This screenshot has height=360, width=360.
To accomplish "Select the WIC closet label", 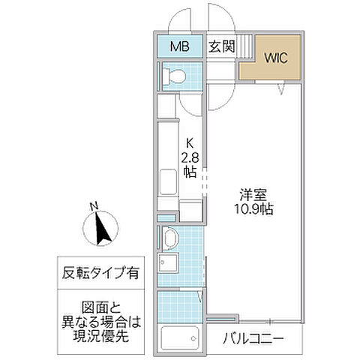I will coord(271,57).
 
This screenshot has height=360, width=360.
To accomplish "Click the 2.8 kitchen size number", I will coord(189,157).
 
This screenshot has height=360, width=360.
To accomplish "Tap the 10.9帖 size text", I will coord(252,209).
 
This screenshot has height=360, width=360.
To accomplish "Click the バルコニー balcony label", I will coord(253,340).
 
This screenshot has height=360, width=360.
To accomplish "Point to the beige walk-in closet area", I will coord(272,64).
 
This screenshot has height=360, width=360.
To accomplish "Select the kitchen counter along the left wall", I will coord(166,161).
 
